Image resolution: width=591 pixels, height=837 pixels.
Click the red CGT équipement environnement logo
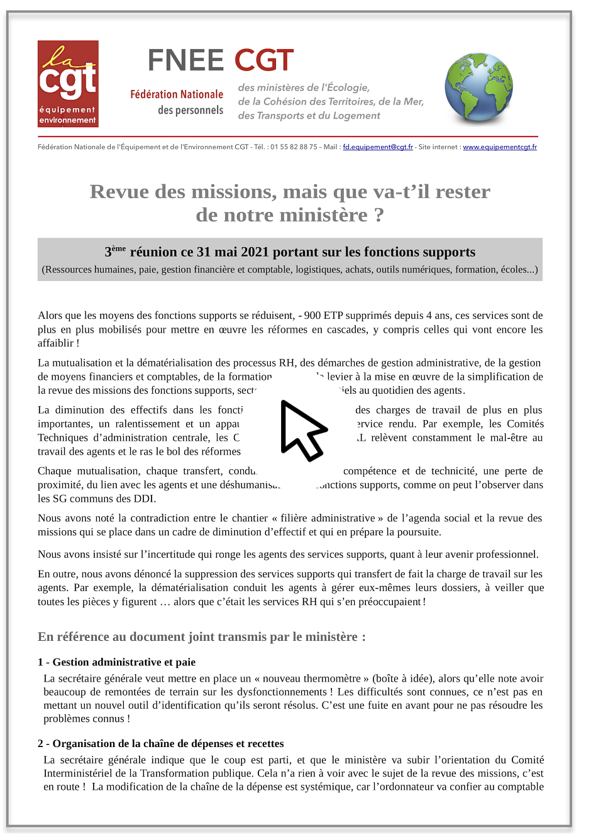(x=68, y=84)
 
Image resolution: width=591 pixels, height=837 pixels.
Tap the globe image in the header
(x=478, y=87)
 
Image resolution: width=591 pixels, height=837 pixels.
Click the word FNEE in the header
(x=185, y=61)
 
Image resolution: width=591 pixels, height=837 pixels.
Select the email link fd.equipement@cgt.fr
(x=378, y=147)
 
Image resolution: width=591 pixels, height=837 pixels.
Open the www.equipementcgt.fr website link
(x=500, y=147)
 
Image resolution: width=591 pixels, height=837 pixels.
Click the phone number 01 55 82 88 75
(x=294, y=147)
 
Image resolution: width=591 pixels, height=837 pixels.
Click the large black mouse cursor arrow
(x=302, y=430)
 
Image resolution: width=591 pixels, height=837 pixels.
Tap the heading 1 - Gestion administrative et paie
(x=116, y=662)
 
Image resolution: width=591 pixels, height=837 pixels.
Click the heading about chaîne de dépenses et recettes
(x=160, y=744)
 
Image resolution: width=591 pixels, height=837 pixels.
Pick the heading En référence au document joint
(x=201, y=637)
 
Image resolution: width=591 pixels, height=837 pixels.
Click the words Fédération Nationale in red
(x=177, y=94)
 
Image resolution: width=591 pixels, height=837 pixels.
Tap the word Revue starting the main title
(x=119, y=192)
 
